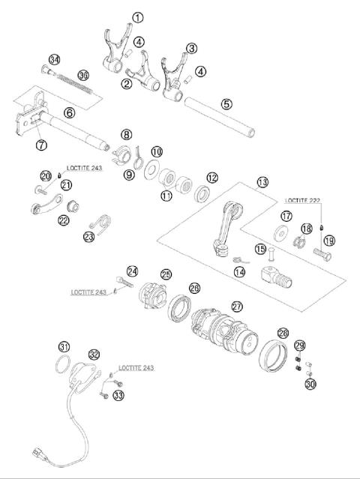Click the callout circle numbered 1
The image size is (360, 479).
pos(136,16)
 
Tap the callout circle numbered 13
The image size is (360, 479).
pos(262,182)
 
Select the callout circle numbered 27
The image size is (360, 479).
pos(237,306)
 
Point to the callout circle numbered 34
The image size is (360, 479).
pos(54,59)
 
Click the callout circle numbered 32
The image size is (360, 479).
pos(94,354)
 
